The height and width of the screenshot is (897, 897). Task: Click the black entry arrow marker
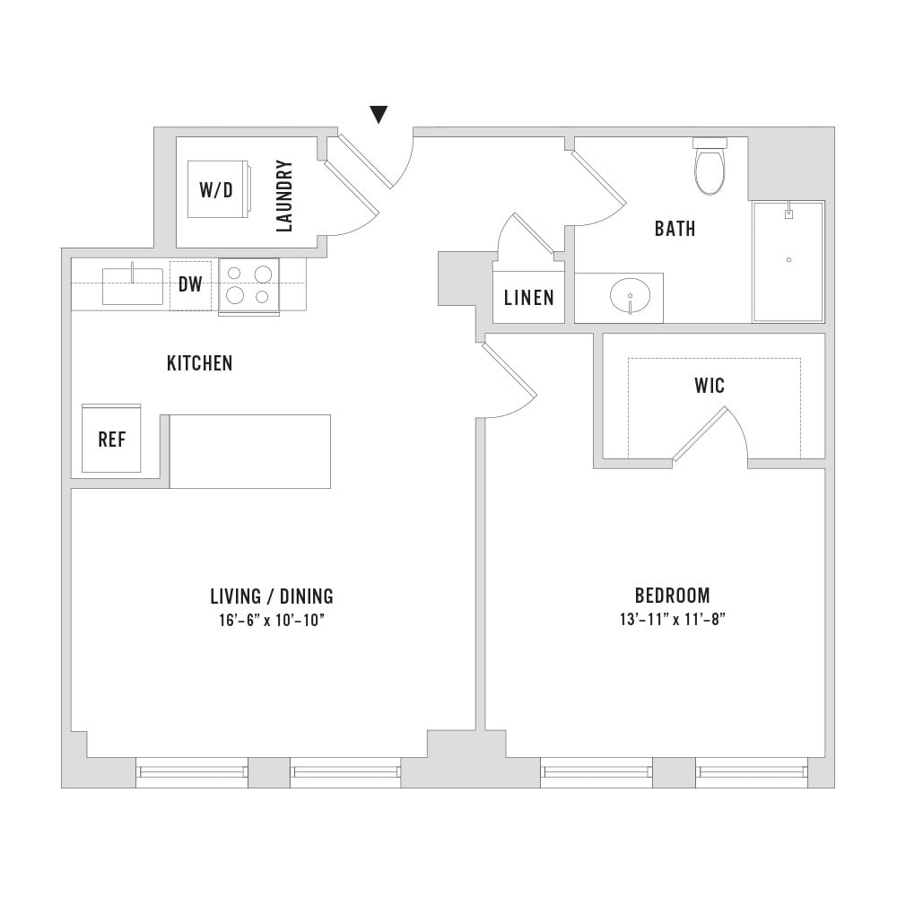(x=379, y=115)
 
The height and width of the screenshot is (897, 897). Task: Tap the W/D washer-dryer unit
(x=218, y=189)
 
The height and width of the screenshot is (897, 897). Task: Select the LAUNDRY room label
(x=284, y=196)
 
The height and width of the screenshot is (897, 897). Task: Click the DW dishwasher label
(x=190, y=283)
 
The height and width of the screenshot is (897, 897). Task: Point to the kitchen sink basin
(x=133, y=286)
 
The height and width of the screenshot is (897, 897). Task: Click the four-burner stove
(x=248, y=285)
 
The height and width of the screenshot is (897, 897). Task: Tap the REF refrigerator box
(x=111, y=439)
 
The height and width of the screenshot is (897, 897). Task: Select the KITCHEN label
(x=200, y=363)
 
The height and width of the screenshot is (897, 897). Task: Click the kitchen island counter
(x=250, y=451)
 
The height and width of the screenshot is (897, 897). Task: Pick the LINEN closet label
(x=529, y=298)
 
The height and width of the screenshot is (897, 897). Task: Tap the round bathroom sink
(x=630, y=296)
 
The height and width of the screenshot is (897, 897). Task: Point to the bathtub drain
(x=788, y=260)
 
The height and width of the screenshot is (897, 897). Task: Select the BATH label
(x=675, y=229)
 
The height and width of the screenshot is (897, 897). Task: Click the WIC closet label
(x=710, y=386)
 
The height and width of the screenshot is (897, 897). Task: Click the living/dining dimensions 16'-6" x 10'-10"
(x=272, y=620)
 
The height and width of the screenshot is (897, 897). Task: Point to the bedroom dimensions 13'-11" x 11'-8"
(x=673, y=619)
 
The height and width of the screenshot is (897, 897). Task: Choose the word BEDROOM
(x=673, y=596)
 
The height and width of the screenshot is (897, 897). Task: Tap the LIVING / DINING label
(x=272, y=597)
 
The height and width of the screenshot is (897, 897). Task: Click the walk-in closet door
(x=699, y=433)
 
